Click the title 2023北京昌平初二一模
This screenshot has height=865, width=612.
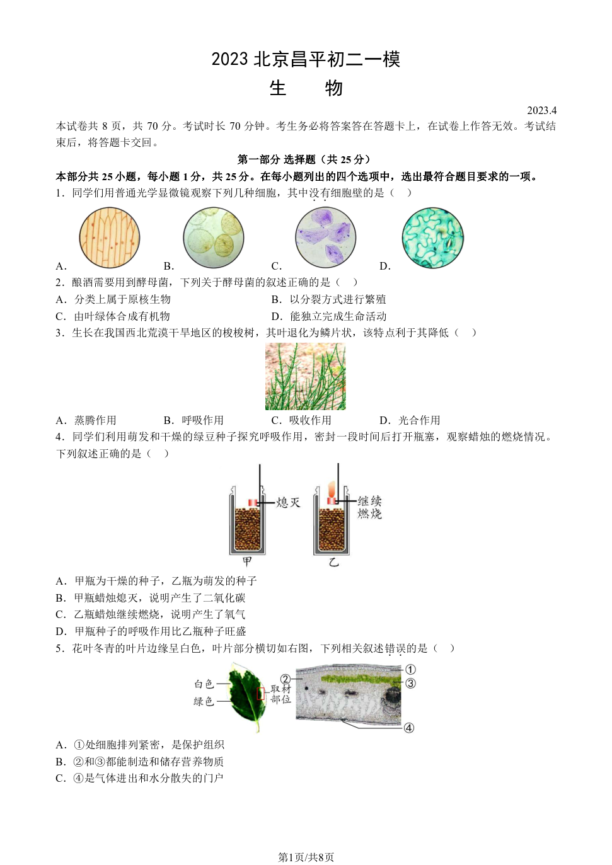tap(306, 59)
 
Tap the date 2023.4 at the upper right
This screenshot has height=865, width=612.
tap(541, 110)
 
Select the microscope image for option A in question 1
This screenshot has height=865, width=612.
tap(110, 238)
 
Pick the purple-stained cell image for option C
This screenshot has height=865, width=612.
tap(326, 238)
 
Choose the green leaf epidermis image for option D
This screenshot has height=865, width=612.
tap(433, 238)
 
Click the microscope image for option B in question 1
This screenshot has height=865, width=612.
tap(214, 238)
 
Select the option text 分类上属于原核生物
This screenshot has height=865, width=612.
tap(122, 299)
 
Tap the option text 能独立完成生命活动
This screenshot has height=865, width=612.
tap(338, 316)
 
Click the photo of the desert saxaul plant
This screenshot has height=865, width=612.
tap(305, 376)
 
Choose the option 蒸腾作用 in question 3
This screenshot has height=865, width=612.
tap(95, 420)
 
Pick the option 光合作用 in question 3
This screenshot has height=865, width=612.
tap(419, 420)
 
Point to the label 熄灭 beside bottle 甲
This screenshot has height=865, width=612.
tap(288, 502)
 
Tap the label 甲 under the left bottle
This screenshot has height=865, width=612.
tap(247, 561)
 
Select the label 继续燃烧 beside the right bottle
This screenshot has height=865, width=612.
tap(370, 507)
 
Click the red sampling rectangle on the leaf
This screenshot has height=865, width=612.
tap(261, 694)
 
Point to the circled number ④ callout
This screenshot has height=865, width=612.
tap(409, 728)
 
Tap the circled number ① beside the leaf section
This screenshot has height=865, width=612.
tap(410, 669)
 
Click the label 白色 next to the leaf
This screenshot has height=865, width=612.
tap(204, 684)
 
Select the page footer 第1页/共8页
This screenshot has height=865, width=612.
tap(306, 857)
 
